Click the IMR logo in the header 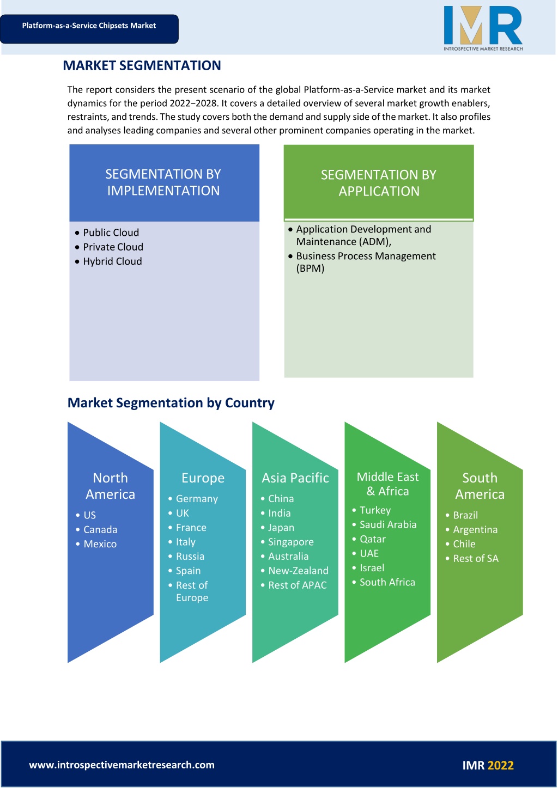coord(483,28)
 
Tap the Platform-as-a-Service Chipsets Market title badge coord(89,29)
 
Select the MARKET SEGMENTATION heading coord(142,65)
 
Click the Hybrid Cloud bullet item coord(112,261)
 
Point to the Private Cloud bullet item coord(113,247)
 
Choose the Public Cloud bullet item coord(111,233)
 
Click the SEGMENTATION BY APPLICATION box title coord(379,183)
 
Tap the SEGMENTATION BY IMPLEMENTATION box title coord(163,182)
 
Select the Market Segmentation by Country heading coord(171,403)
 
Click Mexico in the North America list coord(100,544)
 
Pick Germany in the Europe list coord(197,499)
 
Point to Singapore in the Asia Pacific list coord(291,542)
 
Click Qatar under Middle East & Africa coord(373,539)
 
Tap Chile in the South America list coord(464,544)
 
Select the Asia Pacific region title coord(295,478)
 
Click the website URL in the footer coord(122,765)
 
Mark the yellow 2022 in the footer coord(501,765)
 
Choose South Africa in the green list coord(387,582)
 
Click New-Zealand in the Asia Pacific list coord(298,571)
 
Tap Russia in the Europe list coord(190,556)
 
